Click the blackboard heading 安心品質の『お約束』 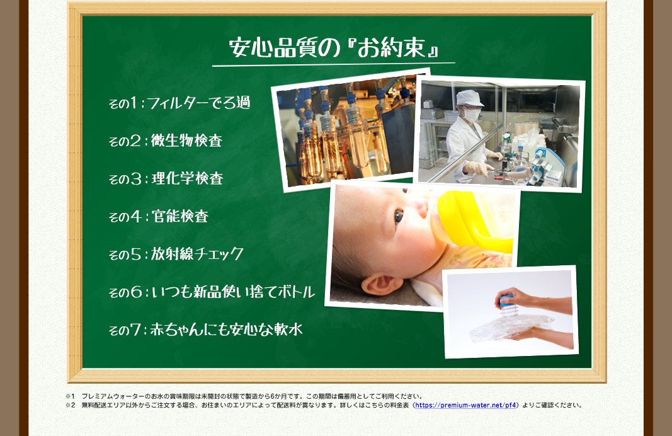tap(334, 47)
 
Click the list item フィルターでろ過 tap(198, 103)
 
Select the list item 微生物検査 tap(186, 141)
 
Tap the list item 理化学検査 tap(187, 178)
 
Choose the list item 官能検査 tap(180, 216)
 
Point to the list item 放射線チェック tap(197, 254)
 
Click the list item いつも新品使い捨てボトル tap(233, 292)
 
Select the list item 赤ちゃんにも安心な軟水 tap(227, 330)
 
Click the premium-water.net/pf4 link tap(465, 405)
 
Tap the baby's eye tap(399, 216)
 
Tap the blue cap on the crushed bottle tap(506, 301)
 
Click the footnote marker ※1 tap(71, 396)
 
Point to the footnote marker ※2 tap(71, 405)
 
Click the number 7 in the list tap(135, 330)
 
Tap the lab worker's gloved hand tap(477, 168)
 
